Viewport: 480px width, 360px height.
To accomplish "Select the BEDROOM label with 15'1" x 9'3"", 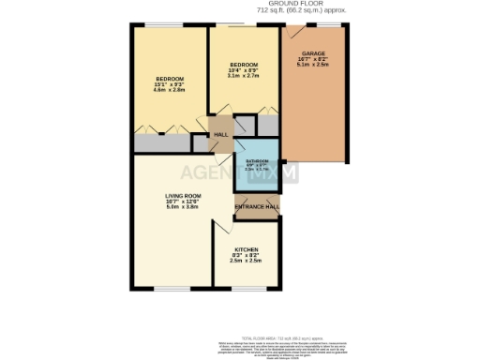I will click(170, 78).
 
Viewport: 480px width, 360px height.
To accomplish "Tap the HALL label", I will click(221, 135).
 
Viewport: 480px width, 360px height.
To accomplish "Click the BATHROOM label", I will click(257, 161).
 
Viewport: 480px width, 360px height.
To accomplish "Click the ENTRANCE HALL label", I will click(257, 206).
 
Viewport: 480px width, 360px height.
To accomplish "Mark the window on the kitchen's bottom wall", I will click(247, 287).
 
